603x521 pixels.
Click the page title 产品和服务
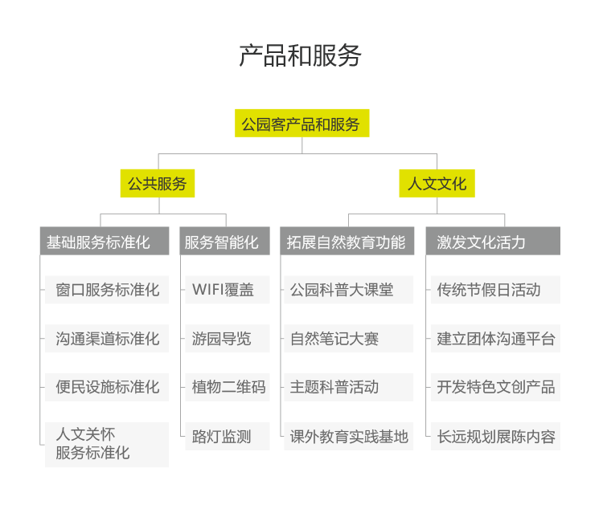coord(301,55)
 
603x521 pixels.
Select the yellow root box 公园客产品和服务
coord(301,124)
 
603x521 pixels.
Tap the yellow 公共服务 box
coord(158,183)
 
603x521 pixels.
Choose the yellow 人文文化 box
coord(437,183)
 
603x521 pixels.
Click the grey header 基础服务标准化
coord(105,241)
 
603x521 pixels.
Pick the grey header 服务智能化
coord(225,241)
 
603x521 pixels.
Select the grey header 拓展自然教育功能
coord(347,241)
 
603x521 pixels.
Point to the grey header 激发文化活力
coord(493,241)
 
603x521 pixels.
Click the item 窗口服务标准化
coord(107,290)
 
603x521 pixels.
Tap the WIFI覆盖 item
coord(228,290)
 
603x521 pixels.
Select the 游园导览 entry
coord(228,338)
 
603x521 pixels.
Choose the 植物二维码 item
coord(228,387)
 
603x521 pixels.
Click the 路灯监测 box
coord(228,436)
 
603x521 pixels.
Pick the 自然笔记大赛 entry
coord(349,338)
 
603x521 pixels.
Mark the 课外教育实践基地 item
coord(349,436)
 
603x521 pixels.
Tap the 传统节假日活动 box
coord(495,290)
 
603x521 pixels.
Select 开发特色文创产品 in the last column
coord(495,387)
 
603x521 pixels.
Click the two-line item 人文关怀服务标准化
coord(107,445)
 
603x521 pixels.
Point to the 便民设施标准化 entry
coord(107,387)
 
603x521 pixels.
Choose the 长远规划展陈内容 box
coord(495,436)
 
